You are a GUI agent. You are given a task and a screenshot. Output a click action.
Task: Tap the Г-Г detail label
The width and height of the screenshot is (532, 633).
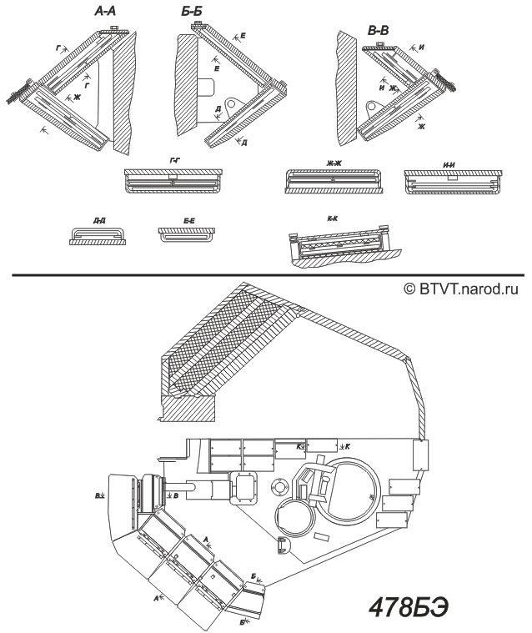[x=173, y=158]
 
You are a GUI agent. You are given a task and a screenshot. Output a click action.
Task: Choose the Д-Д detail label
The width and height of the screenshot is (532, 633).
[x=99, y=220]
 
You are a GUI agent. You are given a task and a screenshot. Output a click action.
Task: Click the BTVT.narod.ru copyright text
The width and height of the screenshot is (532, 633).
[x=461, y=289]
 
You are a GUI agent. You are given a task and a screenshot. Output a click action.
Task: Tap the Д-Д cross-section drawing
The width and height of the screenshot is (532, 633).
[x=98, y=236]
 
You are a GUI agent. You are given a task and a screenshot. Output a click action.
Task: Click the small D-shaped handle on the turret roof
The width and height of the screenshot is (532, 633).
[x=283, y=545]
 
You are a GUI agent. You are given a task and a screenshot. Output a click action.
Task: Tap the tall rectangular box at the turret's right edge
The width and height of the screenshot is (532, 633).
[x=419, y=455]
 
